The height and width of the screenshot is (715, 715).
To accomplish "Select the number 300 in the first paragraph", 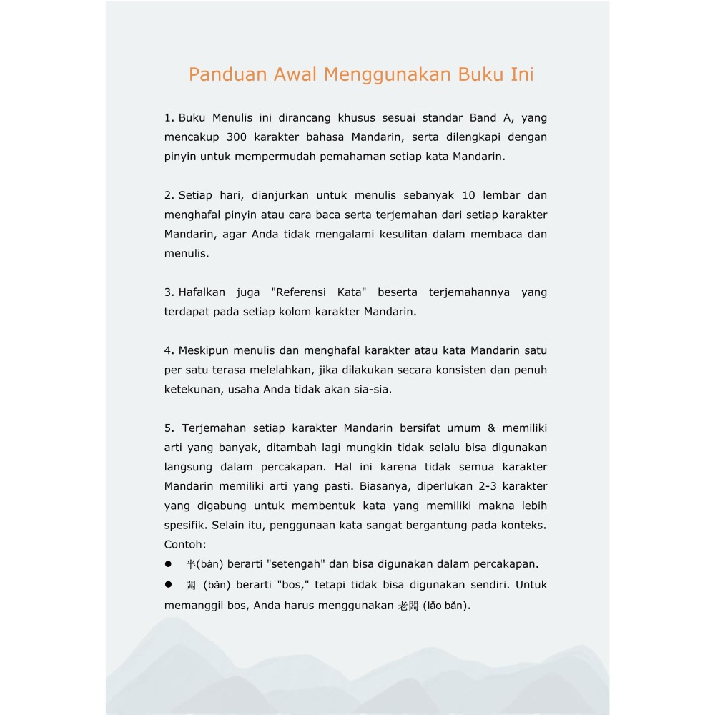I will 237,137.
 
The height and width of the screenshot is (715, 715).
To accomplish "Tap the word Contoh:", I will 185,544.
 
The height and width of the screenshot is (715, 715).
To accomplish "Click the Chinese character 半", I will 190,564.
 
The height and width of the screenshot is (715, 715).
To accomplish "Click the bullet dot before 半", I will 169,564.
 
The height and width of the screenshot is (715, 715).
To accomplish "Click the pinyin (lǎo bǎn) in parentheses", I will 446,606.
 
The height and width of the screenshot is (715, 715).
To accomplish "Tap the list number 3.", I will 168,292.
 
